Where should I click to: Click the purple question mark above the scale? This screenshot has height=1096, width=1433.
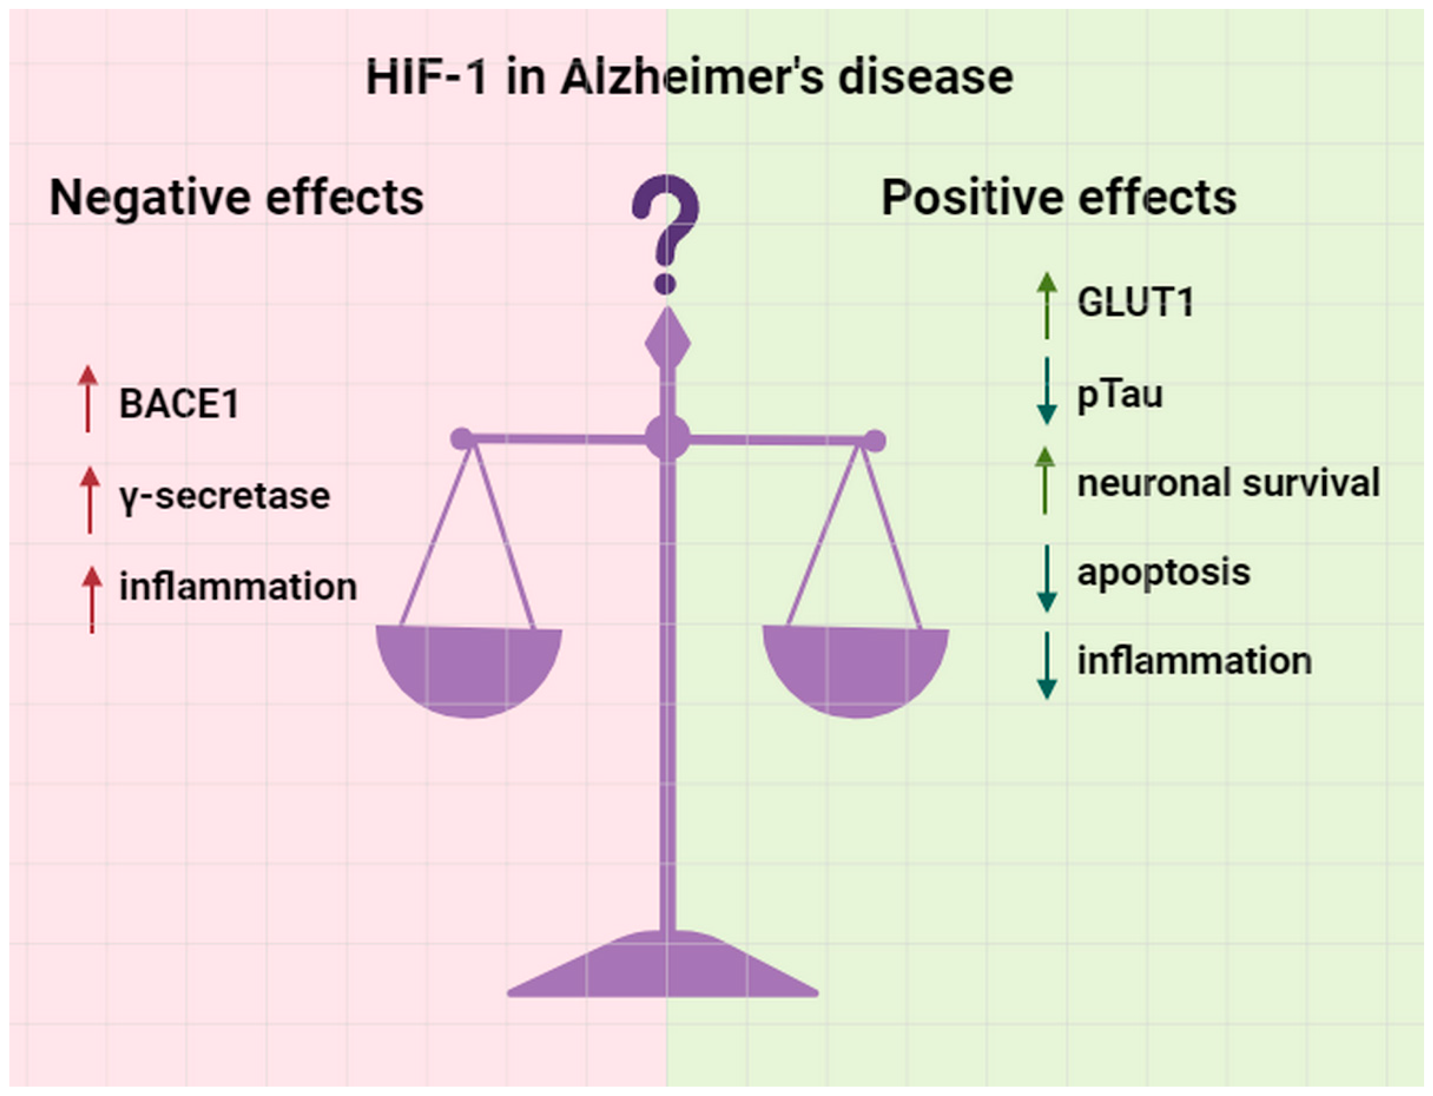[x=665, y=228]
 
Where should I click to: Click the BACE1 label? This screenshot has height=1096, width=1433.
[x=179, y=403]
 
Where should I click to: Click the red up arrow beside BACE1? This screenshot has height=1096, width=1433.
[x=88, y=399]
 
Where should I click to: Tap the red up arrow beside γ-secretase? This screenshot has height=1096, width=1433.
[x=90, y=500]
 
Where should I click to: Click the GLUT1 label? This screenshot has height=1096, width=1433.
[x=1135, y=303]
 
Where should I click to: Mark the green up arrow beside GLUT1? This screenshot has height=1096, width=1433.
[x=1047, y=304]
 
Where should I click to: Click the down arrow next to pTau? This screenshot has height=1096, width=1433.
[x=1047, y=392]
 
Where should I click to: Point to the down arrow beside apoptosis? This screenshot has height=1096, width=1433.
[x=1047, y=579]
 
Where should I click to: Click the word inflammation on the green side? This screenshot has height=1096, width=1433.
[x=1194, y=660]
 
